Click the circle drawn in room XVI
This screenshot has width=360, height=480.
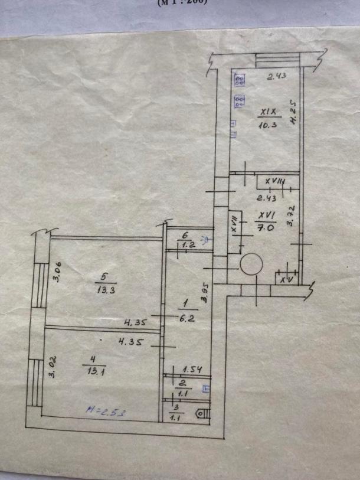[251, 263]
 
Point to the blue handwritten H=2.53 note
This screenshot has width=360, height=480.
[100, 409]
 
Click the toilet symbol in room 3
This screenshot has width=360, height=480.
[202, 414]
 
